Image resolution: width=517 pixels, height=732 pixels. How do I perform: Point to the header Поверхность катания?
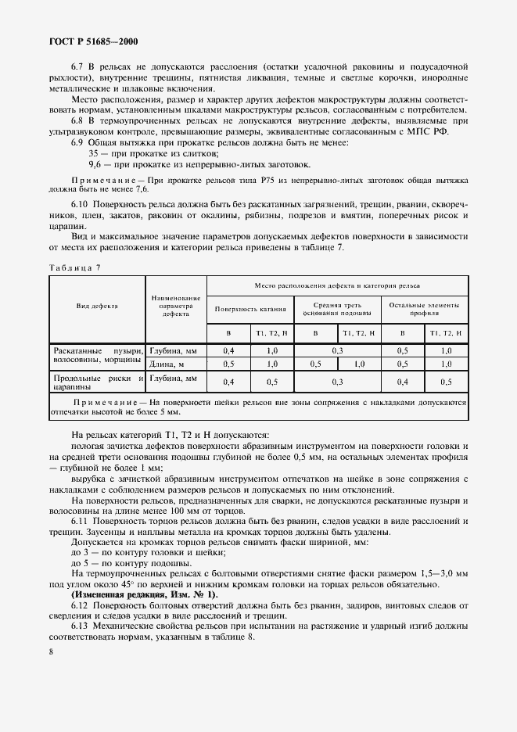coord(250,308)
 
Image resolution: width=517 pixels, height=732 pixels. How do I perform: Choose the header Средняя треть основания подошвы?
coord(336,308)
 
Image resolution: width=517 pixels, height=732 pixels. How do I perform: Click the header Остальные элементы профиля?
coord(423,308)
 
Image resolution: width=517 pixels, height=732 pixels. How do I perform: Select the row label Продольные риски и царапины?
coord(97,382)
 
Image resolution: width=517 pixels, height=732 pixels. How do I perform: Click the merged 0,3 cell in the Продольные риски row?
coord(336,382)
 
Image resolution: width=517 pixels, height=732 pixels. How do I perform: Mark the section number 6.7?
coord(78,68)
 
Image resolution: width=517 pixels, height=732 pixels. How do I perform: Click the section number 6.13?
coord(81,626)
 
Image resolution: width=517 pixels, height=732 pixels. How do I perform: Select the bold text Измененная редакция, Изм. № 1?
coord(145,595)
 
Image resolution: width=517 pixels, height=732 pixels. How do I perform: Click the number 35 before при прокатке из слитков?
coord(94,154)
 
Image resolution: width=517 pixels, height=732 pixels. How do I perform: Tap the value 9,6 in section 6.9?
coord(95,165)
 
